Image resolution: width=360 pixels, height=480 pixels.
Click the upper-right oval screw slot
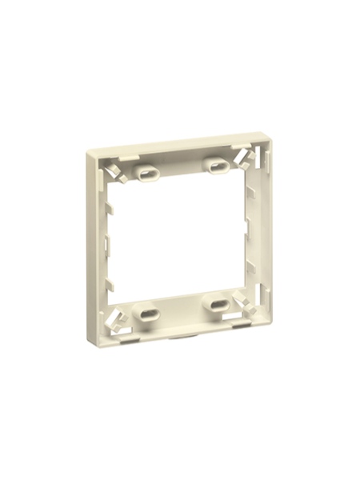point(214,166)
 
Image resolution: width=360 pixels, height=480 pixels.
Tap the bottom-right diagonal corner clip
point(244,304)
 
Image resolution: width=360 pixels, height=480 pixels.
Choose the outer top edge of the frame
point(176,145)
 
